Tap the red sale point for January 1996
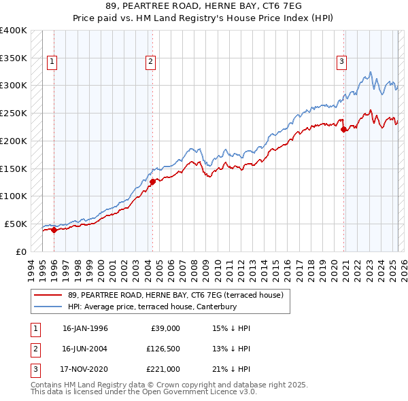pyautogui.click(x=54, y=230)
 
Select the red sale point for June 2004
pyautogui.click(x=152, y=181)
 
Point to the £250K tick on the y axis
pyautogui.click(x=14, y=113)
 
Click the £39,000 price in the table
pyautogui.click(x=165, y=328)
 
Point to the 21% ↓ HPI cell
pyautogui.click(x=231, y=369)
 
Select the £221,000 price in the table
pyautogui.click(x=164, y=369)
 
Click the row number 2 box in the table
pyautogui.click(x=34, y=349)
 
